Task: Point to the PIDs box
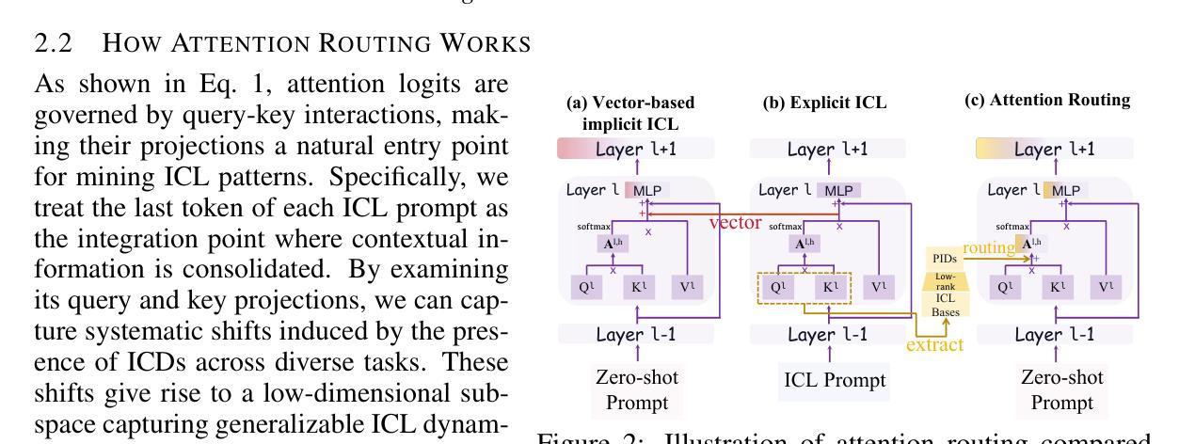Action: pos(945,258)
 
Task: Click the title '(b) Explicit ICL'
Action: pos(824,102)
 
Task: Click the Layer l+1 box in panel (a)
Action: pos(636,148)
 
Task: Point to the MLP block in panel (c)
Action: pos(1065,190)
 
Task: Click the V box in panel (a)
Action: pos(685,287)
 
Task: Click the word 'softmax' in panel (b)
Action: pos(785,227)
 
